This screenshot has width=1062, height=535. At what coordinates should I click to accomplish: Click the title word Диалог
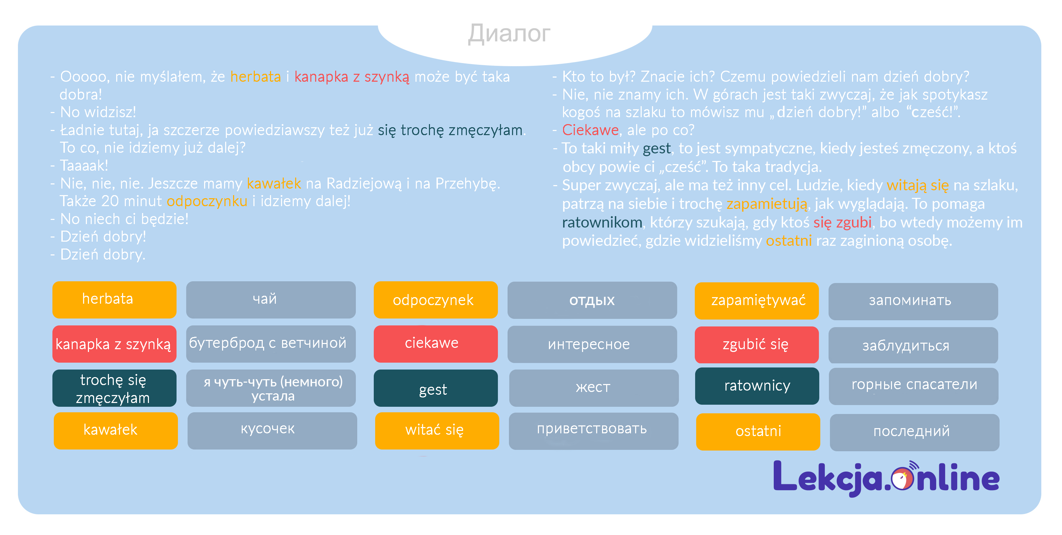(509, 34)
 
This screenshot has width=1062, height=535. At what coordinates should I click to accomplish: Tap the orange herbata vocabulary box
(114, 300)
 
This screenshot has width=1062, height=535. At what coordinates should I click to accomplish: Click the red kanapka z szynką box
(114, 344)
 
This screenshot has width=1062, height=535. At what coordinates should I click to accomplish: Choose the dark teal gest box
(435, 388)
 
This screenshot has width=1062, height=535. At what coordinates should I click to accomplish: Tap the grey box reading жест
(593, 388)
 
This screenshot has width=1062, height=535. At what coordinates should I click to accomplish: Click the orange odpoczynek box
(435, 300)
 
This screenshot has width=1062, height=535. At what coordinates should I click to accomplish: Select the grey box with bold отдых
(592, 300)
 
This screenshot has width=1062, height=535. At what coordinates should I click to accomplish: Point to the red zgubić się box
(757, 345)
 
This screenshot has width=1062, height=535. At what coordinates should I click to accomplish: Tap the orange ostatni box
(758, 432)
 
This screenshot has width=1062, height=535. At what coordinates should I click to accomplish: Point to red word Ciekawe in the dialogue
(590, 130)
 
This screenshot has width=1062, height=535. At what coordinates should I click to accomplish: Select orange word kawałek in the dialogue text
(274, 183)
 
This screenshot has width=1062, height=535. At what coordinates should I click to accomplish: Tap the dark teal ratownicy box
(757, 386)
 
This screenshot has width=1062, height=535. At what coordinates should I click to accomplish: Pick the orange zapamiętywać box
(757, 301)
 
